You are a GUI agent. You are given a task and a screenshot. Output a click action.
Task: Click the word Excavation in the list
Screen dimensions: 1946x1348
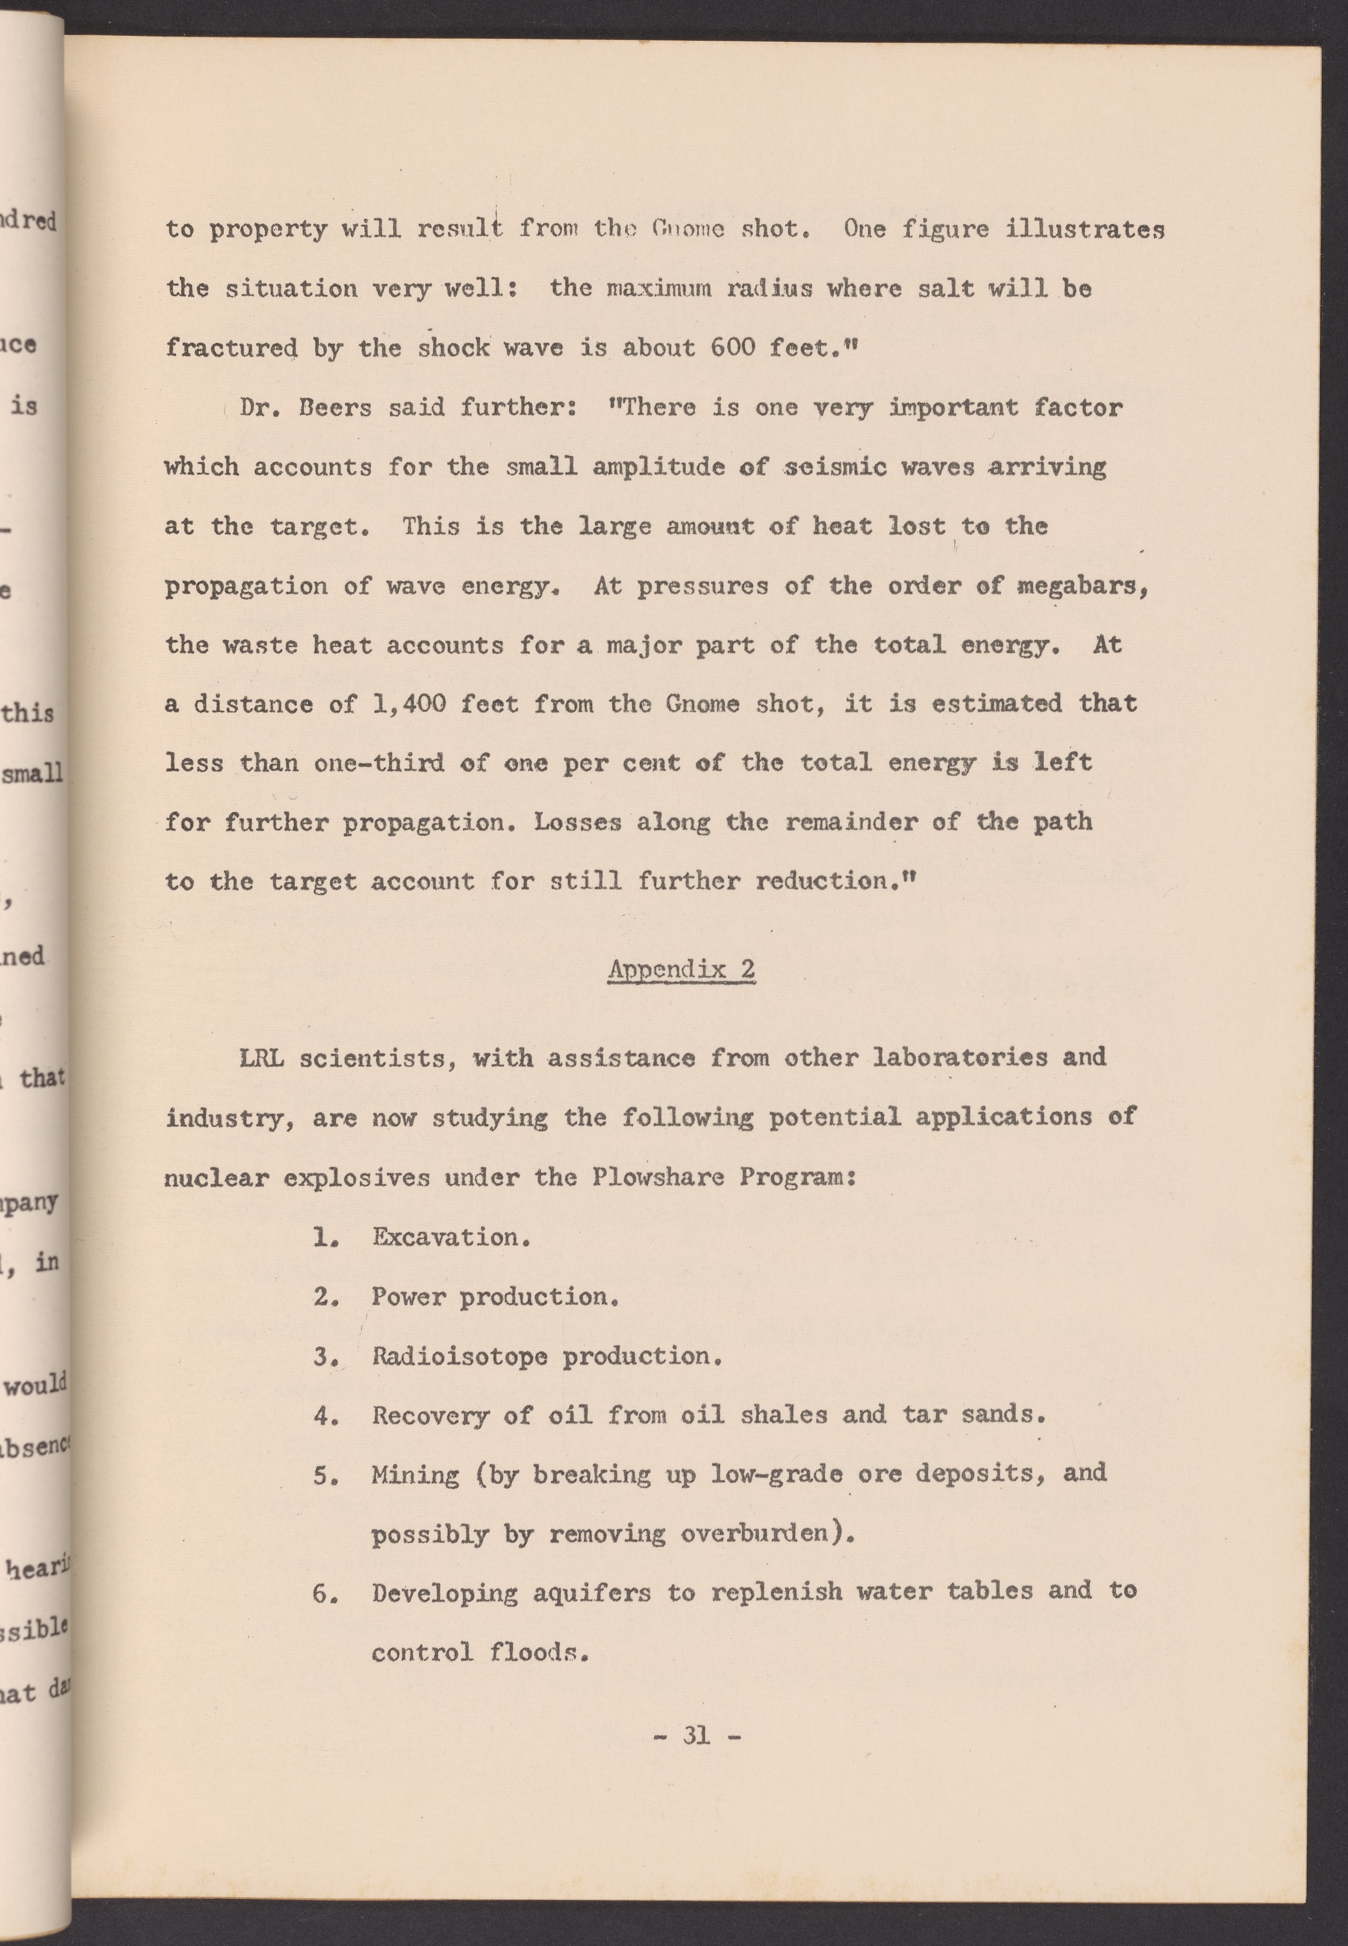451,1237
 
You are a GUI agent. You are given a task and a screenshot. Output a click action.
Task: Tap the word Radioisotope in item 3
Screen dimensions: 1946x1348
460,1356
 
